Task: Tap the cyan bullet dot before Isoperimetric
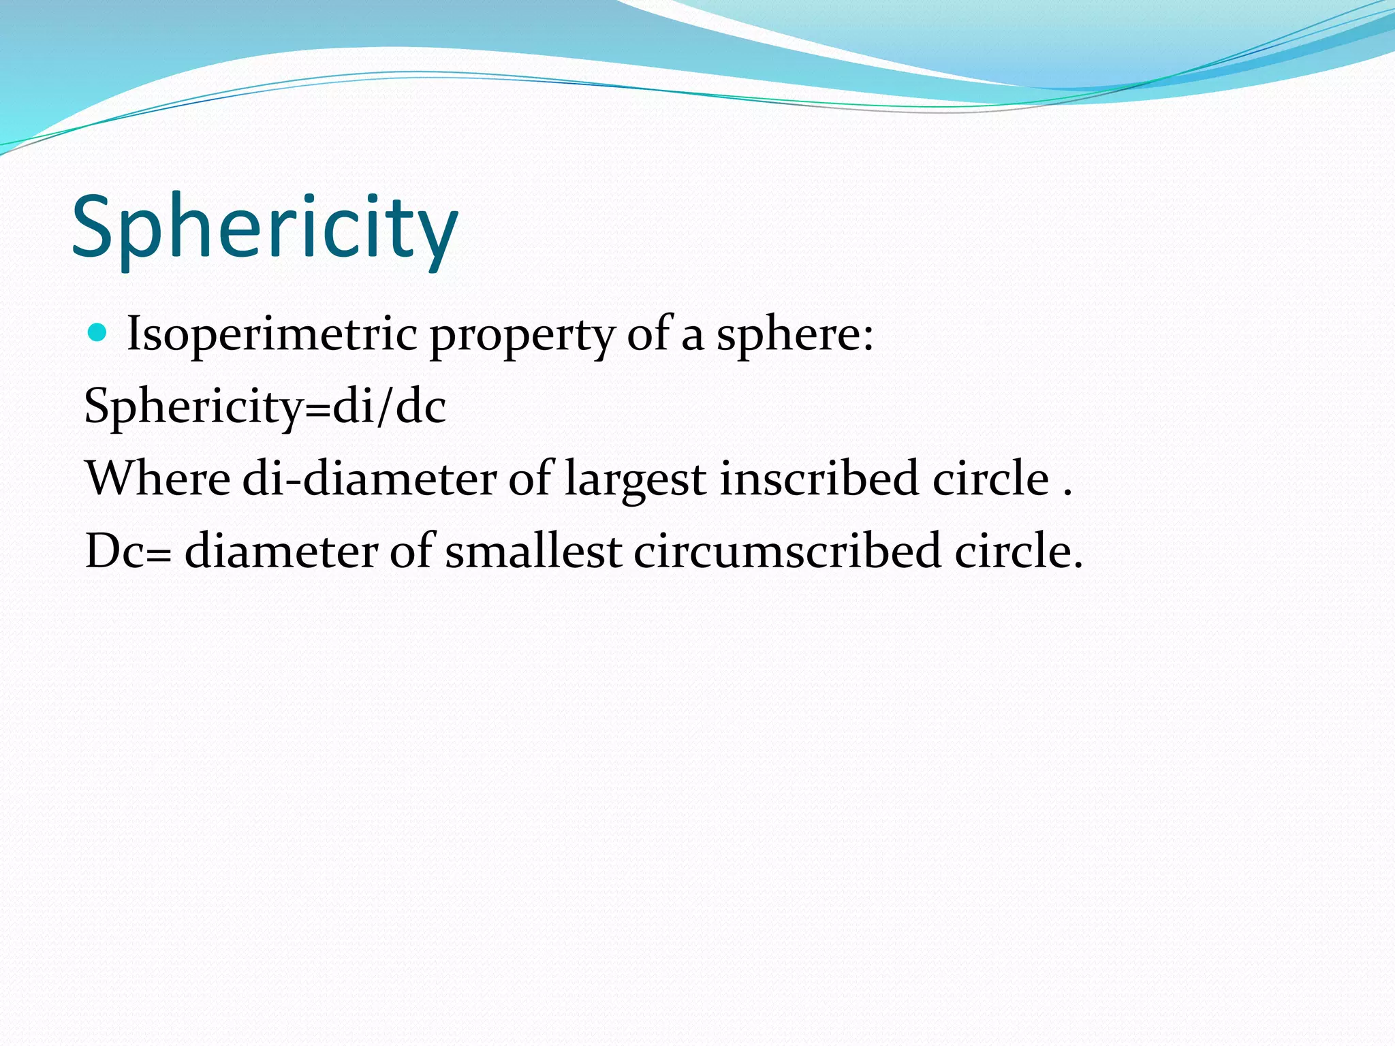[99, 333]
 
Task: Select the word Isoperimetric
[272, 335]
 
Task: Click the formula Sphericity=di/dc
[265, 407]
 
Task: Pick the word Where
[158, 478]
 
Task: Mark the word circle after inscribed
[990, 478]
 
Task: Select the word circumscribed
[787, 551]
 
